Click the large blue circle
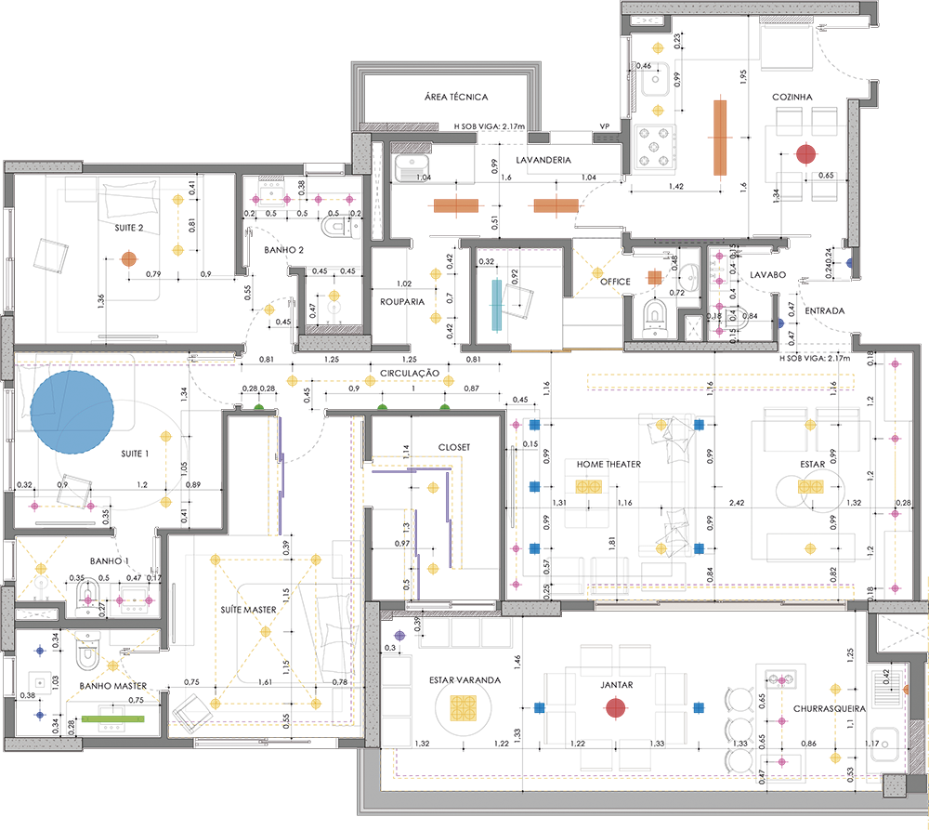[x=72, y=409]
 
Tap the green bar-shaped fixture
[x=114, y=718]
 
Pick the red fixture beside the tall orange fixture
[x=805, y=152]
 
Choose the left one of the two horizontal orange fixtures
[x=450, y=206]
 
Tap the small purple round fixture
[x=400, y=634]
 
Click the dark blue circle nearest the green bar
[x=38, y=717]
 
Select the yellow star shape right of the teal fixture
[x=593, y=270]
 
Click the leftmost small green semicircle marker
[x=259, y=405]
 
